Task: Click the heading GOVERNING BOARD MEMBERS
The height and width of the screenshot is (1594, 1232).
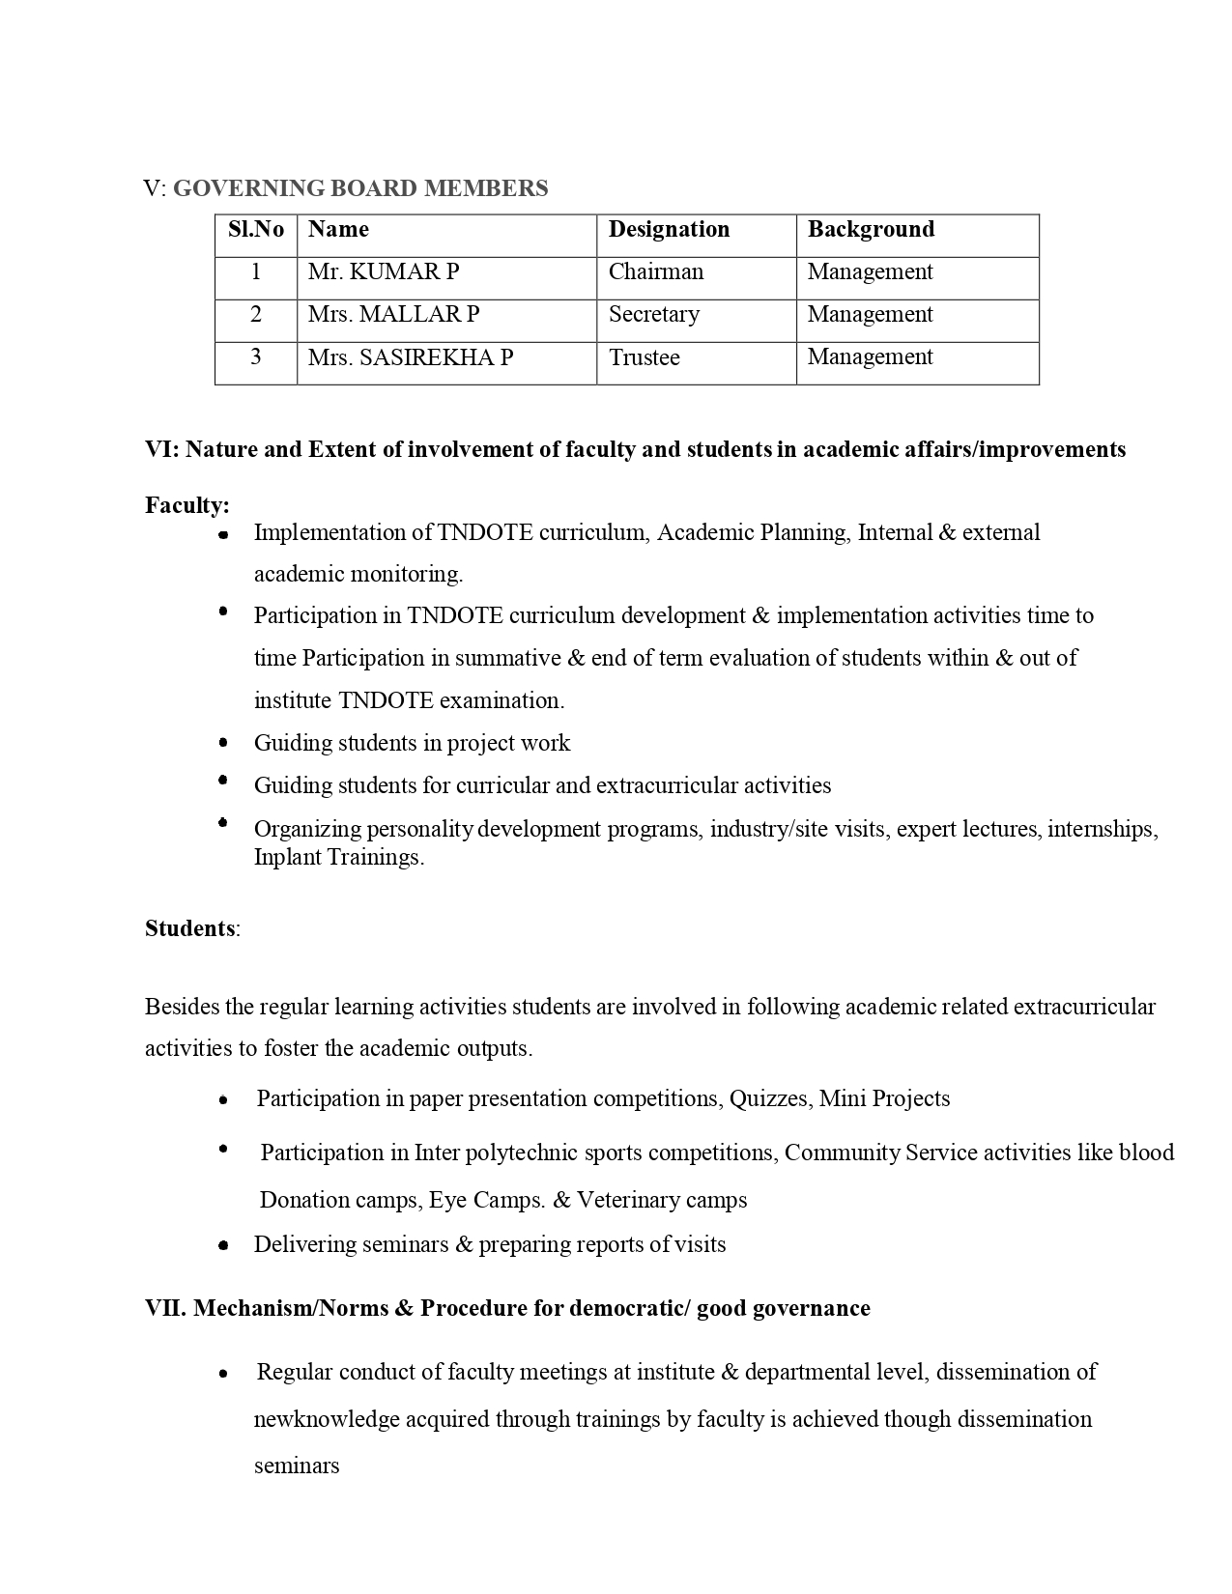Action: (x=359, y=188)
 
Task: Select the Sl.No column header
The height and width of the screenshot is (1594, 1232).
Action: (x=256, y=230)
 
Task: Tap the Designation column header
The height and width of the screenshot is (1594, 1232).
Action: (x=669, y=230)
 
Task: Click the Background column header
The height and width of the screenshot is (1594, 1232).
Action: (x=871, y=230)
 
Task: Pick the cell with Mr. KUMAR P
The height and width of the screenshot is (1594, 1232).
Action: (x=384, y=272)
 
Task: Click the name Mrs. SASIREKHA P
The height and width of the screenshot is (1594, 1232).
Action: (x=411, y=357)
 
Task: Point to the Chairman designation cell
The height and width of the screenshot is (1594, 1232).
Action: (x=656, y=272)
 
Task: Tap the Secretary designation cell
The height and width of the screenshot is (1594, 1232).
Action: (x=654, y=315)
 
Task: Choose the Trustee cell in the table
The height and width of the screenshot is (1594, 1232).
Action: (x=645, y=357)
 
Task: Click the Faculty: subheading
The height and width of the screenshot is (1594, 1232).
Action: (x=187, y=505)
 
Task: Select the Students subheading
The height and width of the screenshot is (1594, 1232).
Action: (x=190, y=928)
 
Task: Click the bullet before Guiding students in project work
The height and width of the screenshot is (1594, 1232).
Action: (x=223, y=743)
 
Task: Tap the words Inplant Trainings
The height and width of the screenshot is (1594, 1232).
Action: (x=338, y=857)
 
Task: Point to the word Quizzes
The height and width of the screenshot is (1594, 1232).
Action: (x=770, y=1098)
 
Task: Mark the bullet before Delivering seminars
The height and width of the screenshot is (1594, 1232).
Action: (x=223, y=1245)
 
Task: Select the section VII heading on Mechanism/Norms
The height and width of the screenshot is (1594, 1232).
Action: (x=507, y=1308)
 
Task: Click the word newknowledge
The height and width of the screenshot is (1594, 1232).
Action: (x=327, y=1419)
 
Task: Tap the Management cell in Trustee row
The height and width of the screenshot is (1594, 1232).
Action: (x=870, y=357)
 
